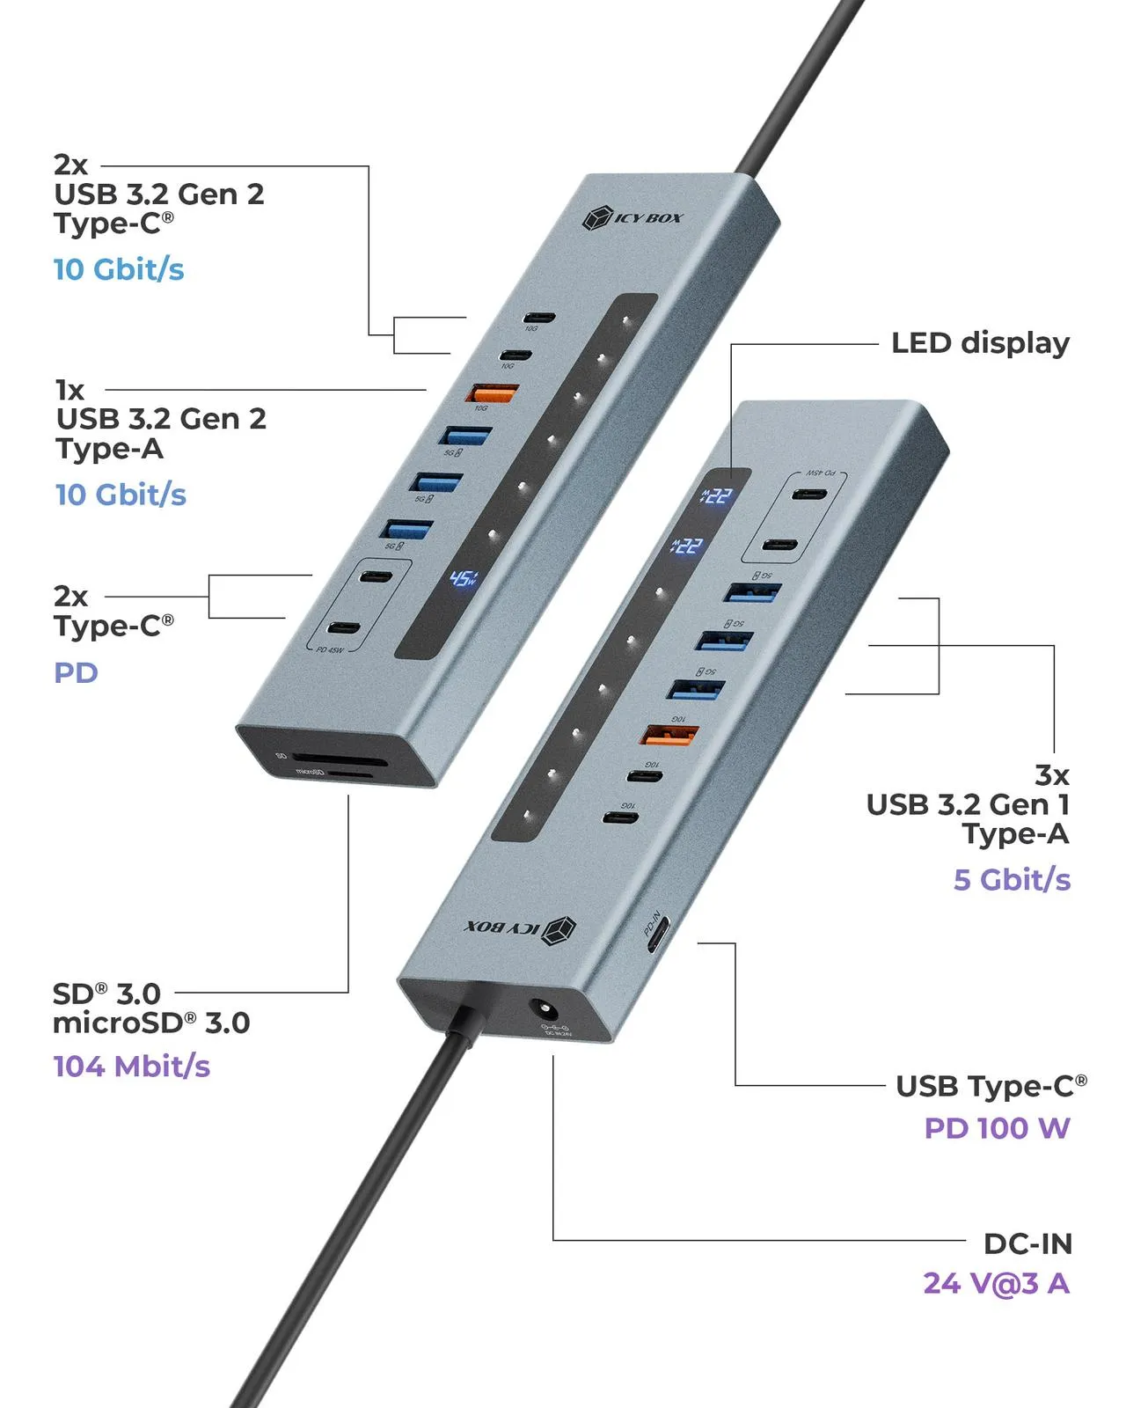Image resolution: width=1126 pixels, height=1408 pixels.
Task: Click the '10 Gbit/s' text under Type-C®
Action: (x=119, y=269)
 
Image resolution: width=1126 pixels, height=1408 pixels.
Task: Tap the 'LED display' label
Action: (x=980, y=343)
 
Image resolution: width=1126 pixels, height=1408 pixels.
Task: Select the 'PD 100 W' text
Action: (x=997, y=1128)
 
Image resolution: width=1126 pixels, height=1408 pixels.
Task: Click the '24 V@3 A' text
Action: (x=996, y=1283)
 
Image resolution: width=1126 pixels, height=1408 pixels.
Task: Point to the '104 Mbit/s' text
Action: (x=132, y=1067)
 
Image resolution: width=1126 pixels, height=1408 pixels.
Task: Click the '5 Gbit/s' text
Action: (x=1012, y=879)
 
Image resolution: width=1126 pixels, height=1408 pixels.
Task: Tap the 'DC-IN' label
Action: (x=1027, y=1243)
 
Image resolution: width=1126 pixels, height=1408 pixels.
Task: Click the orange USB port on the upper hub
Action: (x=492, y=392)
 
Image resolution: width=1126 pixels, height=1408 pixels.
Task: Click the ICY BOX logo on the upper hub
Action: (x=632, y=217)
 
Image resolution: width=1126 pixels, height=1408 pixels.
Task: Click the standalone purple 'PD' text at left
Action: (x=76, y=673)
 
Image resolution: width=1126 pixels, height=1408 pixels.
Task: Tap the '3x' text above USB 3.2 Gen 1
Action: (x=1051, y=775)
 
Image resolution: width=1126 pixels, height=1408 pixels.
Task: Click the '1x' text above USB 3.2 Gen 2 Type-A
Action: (x=70, y=390)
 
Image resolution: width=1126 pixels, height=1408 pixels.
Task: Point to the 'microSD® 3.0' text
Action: (x=151, y=1023)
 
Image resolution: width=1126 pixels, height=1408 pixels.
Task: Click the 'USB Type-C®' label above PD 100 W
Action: (x=991, y=1086)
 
